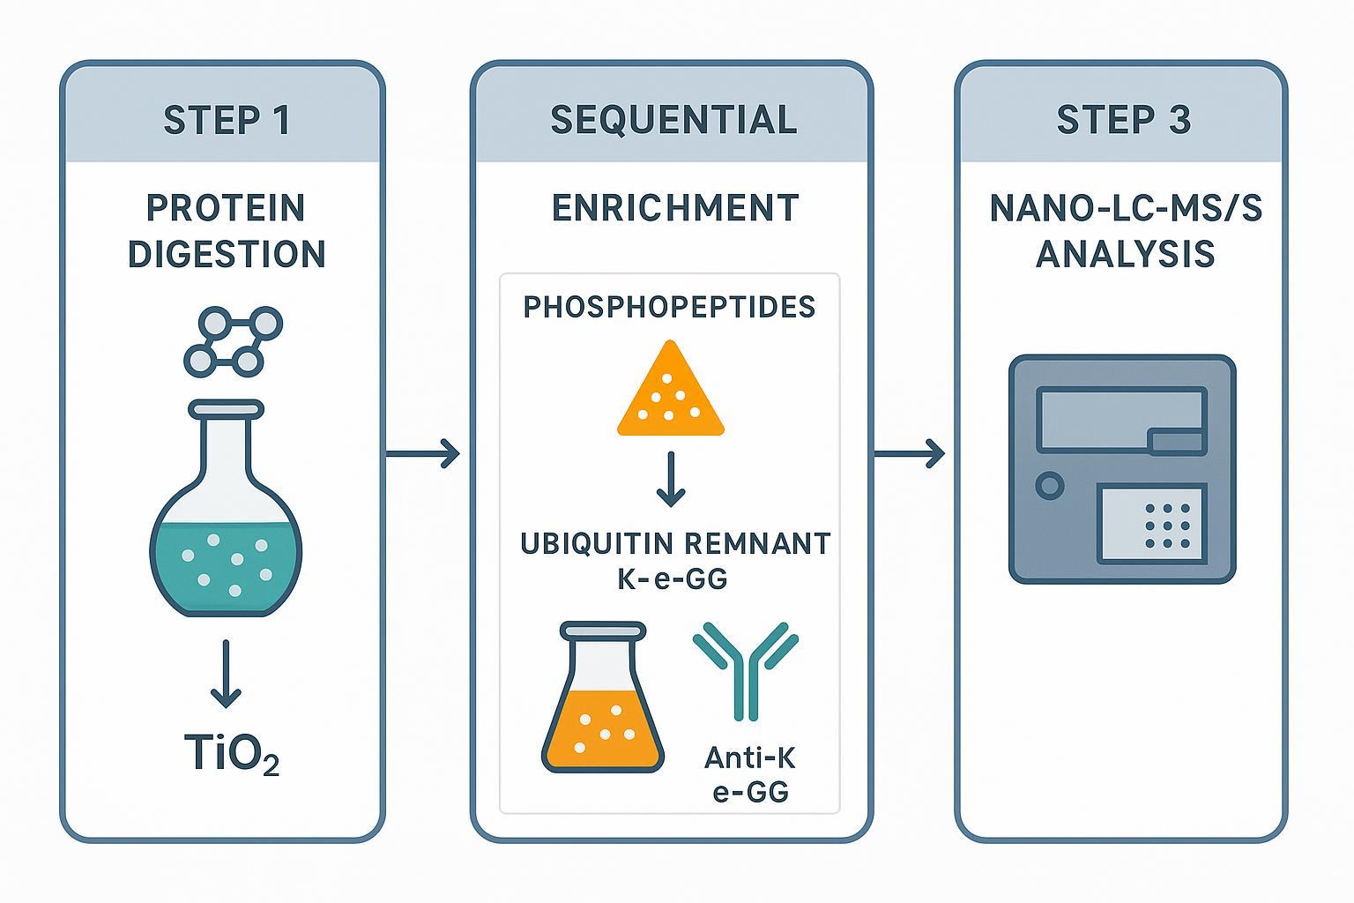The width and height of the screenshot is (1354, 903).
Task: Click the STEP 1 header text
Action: point(227,120)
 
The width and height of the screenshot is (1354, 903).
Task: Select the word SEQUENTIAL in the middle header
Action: point(673,120)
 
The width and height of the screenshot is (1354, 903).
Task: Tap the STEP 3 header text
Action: point(1123,120)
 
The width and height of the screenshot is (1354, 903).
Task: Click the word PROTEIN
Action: point(226,208)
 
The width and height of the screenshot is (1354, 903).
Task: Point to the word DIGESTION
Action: point(227,254)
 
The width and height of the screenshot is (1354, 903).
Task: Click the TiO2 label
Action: point(231,755)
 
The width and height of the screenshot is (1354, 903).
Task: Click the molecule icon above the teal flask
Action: point(233,342)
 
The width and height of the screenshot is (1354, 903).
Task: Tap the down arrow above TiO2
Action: point(226,674)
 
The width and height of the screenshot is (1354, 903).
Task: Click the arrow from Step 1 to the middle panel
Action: point(423,454)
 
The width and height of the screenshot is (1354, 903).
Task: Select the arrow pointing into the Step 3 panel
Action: point(909,454)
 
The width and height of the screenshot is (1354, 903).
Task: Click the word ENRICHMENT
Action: point(675,208)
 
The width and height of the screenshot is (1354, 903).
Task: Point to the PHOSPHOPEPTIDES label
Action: point(669,307)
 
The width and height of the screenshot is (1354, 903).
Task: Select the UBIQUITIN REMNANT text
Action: point(675,543)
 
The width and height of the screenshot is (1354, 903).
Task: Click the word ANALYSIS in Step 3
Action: point(1125,254)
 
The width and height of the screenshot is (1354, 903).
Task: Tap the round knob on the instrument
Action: point(1049,485)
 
